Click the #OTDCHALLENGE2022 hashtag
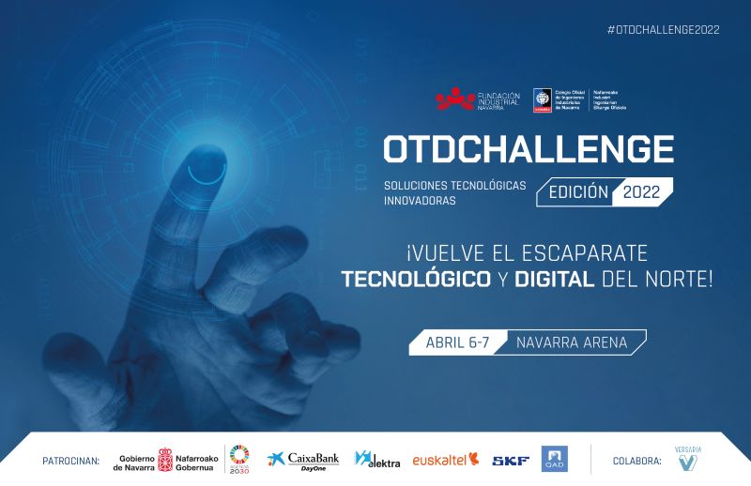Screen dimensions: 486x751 pos(663,29)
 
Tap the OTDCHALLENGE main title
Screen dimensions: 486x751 pos(528,149)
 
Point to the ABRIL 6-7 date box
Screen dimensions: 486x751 pos(458,342)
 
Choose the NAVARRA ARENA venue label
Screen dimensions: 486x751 pos(571,342)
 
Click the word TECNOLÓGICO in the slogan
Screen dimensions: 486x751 pos(416,279)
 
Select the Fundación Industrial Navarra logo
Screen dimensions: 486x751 pos(478,99)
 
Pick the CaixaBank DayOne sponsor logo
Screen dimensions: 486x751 pos(302,460)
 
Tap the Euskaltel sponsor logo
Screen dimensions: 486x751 pos(446,460)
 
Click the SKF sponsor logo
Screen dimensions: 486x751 pos(511,460)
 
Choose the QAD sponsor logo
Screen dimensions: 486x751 pos(554,459)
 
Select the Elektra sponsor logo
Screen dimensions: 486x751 pos(377,460)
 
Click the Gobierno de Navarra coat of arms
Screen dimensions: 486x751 pos(165,460)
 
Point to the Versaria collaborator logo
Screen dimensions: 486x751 pos(689,459)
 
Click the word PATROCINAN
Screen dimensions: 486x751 pos(71,461)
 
